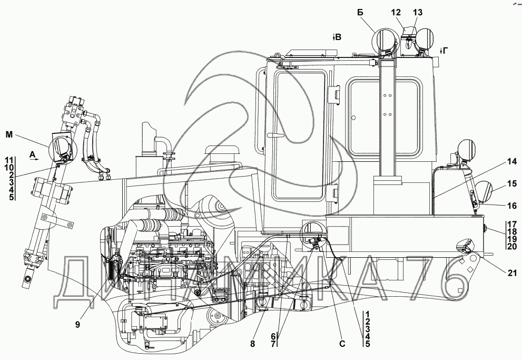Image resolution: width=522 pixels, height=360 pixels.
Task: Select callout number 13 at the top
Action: [418, 13]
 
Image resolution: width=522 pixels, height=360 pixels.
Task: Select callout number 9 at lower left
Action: [77, 324]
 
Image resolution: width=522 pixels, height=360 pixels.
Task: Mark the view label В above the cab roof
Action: [338, 37]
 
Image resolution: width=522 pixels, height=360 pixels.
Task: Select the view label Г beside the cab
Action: [445, 51]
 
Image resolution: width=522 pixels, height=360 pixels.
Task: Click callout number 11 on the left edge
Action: [8, 160]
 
